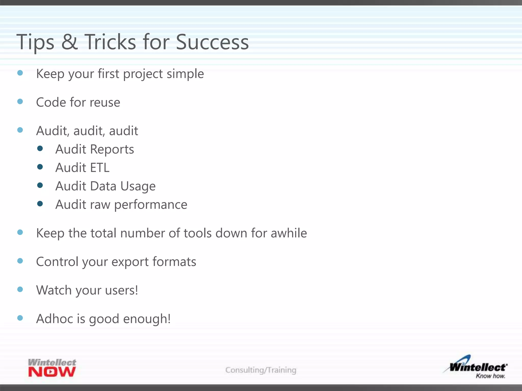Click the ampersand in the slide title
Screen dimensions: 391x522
[x=69, y=42]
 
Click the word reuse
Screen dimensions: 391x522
[x=105, y=102]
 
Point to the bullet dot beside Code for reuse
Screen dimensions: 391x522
[x=20, y=102]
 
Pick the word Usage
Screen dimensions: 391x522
[x=138, y=186]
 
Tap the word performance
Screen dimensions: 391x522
[x=151, y=205]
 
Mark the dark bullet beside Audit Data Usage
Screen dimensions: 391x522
[x=40, y=185]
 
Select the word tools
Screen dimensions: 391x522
[x=198, y=233]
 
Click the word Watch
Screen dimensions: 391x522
[x=54, y=290]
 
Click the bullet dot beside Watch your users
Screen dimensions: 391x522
[x=20, y=289]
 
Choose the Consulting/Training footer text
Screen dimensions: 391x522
[x=261, y=370]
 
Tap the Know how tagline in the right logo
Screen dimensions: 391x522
[x=490, y=376]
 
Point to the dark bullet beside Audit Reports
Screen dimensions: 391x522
[x=40, y=148]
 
